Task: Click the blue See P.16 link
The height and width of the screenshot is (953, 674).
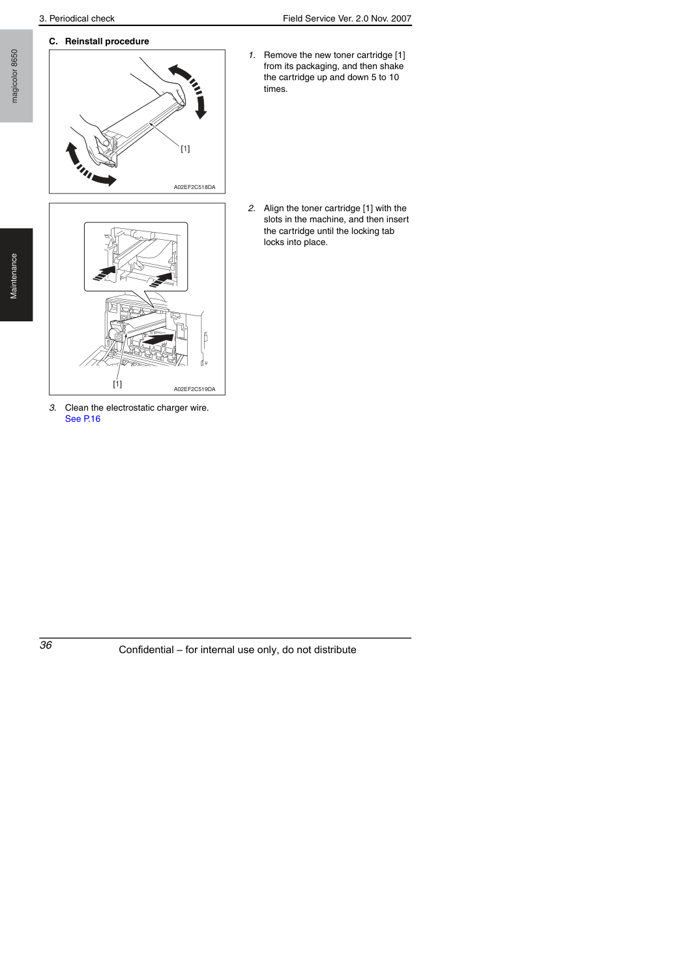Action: [83, 418]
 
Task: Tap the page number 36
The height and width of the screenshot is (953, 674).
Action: [46, 645]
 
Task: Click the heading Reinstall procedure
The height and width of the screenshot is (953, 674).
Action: [107, 41]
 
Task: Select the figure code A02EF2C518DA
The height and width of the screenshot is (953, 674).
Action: [194, 187]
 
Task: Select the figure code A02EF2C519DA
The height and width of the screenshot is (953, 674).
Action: [194, 389]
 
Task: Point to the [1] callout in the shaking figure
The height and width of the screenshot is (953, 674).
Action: [185, 149]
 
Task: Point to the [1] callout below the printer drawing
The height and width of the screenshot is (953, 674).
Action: [117, 384]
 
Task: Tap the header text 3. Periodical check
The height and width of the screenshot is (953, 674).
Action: [77, 19]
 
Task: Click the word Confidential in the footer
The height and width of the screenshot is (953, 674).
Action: [146, 650]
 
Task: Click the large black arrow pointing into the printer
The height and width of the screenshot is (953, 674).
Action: [158, 339]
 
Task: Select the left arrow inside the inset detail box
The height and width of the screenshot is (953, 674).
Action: [105, 273]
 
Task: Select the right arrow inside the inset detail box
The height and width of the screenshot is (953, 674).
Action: [161, 280]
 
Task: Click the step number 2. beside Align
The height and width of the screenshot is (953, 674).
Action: [252, 209]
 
